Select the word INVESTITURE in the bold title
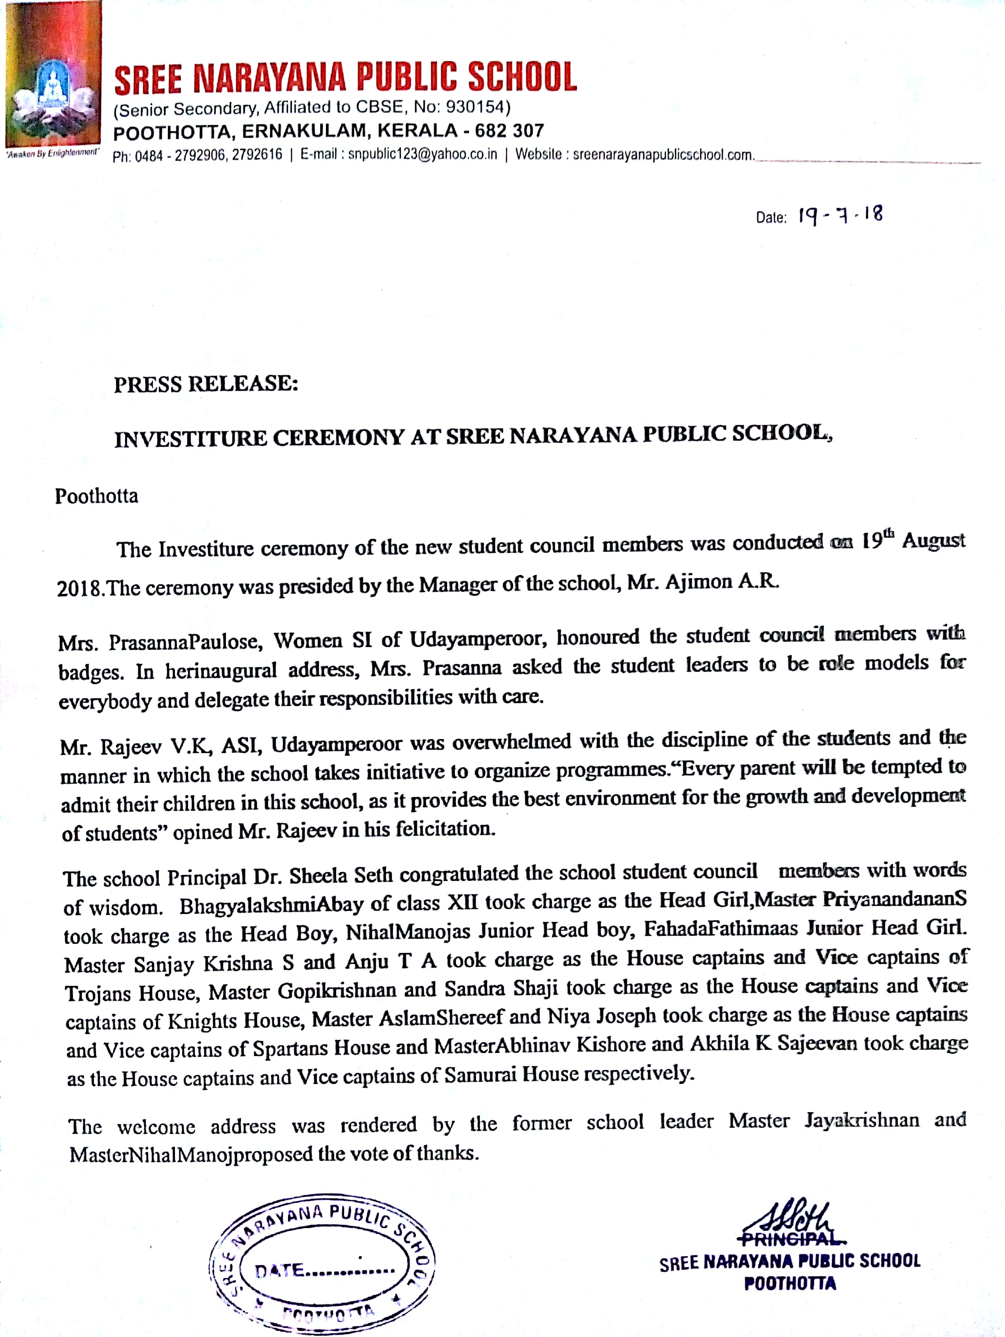coord(190,438)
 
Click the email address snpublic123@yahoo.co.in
coord(422,155)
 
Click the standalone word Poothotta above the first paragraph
coord(97,496)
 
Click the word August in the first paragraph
coord(933,540)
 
